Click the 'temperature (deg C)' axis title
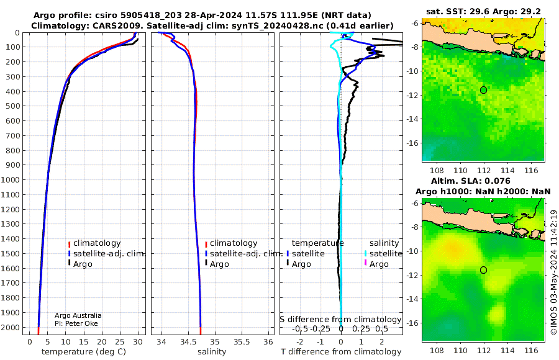coord(84,352)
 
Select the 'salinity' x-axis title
coord(212,352)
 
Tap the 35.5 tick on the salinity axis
coord(242,341)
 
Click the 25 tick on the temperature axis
coord(120,341)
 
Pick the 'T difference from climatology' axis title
coord(341,352)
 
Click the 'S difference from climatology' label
coord(340,319)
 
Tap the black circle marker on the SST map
coord(483,90)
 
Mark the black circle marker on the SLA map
coord(483,270)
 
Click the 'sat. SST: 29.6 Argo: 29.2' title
coord(483,11)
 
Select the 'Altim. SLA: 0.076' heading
coord(471,181)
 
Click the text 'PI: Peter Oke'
coord(76,323)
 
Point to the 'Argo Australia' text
coord(78,315)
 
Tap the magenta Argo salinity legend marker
coord(365,263)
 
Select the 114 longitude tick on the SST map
coord(507,170)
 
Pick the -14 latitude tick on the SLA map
coord(413,299)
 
